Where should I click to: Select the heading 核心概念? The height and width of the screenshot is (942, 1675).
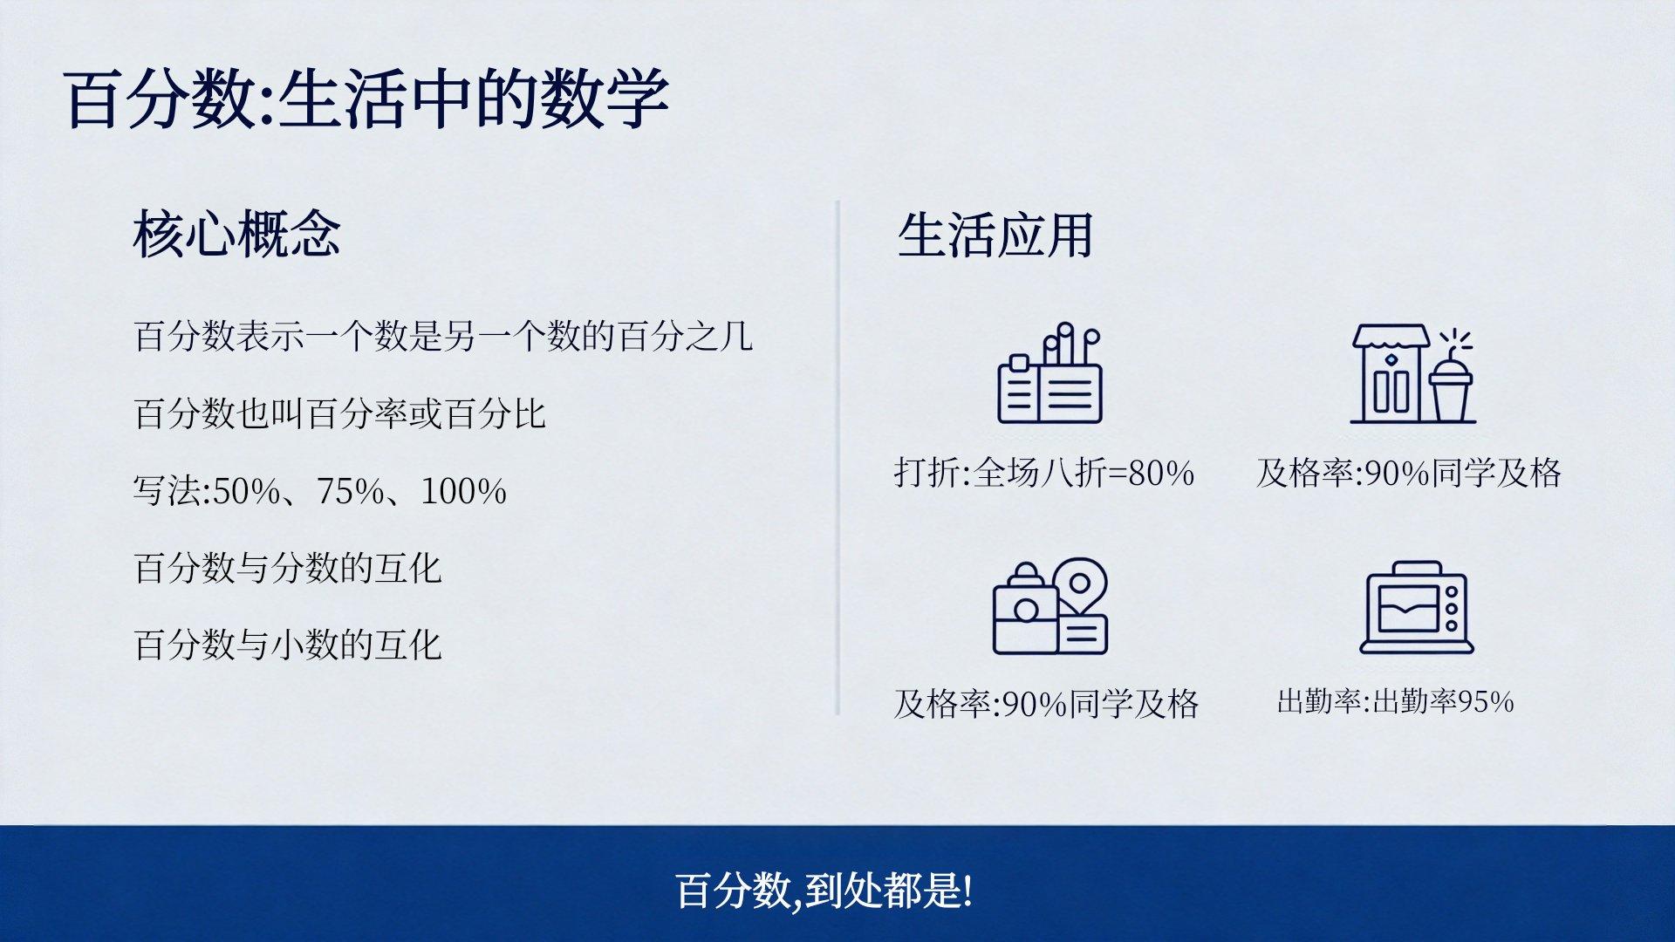point(236,234)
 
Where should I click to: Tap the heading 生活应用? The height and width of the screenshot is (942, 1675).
point(995,235)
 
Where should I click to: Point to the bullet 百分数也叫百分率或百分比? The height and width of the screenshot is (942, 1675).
point(340,413)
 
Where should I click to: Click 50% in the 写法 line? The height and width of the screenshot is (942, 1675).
point(246,491)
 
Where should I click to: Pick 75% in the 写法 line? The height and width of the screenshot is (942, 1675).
point(350,491)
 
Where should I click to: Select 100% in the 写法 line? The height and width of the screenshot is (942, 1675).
point(463,491)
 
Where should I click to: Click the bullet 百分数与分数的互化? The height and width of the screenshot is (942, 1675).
point(288,568)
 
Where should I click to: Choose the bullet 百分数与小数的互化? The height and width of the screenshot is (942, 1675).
point(288,645)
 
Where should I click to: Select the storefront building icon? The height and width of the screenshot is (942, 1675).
point(1391,373)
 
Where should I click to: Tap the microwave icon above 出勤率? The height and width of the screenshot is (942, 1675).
point(1417,608)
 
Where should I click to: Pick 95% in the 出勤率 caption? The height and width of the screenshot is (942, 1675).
point(1486,701)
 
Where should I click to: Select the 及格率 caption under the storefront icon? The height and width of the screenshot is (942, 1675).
point(1409,473)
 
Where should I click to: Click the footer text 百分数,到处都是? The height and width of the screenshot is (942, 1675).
point(824,891)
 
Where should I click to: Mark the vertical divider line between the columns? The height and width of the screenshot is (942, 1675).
point(838,458)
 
